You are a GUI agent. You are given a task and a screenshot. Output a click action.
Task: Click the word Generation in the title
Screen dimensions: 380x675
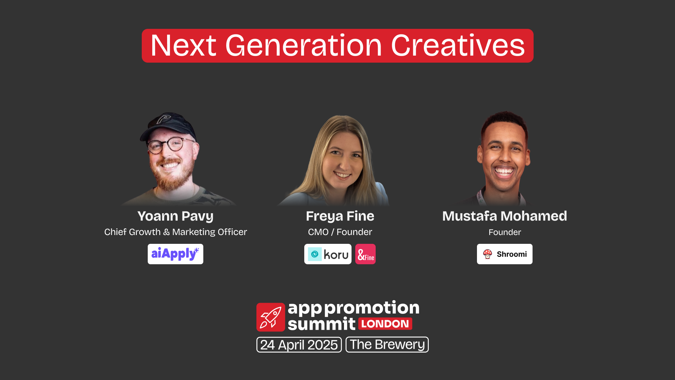point(303,46)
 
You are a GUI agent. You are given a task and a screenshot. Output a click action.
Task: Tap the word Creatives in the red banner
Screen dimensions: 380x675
point(458,46)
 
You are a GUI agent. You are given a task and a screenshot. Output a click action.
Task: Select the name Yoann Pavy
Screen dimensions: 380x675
point(175,216)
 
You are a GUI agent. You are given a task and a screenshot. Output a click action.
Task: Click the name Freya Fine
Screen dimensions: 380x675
point(340,216)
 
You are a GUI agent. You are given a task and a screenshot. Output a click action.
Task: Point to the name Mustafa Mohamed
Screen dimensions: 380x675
point(504,216)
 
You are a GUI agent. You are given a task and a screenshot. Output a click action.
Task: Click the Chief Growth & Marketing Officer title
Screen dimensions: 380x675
point(175,232)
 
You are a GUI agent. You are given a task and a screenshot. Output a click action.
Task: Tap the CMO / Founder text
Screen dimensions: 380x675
point(340,232)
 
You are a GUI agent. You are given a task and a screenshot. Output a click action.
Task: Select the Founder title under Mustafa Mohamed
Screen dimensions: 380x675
point(504,232)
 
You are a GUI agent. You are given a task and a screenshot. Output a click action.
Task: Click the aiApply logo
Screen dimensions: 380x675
point(175,254)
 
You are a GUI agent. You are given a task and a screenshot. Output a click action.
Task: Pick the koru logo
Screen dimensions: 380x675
point(327,254)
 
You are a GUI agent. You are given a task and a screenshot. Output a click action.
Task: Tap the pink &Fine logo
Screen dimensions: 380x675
point(365,254)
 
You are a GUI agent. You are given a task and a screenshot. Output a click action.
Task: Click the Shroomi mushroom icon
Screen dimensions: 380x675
point(488,254)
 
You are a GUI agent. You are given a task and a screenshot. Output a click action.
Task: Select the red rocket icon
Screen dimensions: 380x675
point(270,317)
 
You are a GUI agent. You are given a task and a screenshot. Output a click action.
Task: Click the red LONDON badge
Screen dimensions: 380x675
point(385,324)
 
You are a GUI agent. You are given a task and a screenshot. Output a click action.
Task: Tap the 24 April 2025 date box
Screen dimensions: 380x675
point(299,345)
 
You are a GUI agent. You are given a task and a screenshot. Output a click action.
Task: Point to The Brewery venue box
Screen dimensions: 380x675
point(387,344)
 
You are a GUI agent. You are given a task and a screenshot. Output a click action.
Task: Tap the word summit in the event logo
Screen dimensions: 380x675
point(321,324)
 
